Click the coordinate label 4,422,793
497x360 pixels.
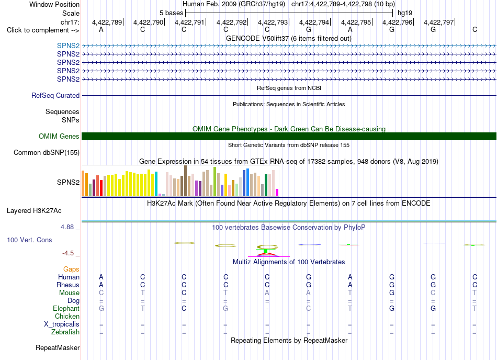click(x=273, y=22)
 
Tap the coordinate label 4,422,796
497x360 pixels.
click(x=397, y=22)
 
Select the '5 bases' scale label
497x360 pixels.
click(x=171, y=13)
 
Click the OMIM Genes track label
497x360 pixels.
click(x=59, y=136)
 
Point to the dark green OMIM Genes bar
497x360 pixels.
click(x=289, y=136)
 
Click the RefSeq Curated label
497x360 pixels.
click(x=55, y=95)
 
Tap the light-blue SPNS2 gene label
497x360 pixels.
click(x=68, y=46)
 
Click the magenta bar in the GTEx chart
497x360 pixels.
click(x=277, y=193)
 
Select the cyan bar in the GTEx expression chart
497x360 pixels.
click(x=156, y=184)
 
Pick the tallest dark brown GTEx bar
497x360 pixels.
click(x=185, y=181)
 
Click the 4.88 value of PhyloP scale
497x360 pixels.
click(x=67, y=227)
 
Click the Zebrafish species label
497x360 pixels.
click(x=65, y=332)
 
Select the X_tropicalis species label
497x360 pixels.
click(x=62, y=324)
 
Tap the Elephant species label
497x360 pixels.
click(x=66, y=308)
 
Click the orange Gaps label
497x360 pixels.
click(x=71, y=269)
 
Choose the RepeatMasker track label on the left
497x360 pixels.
click(x=58, y=347)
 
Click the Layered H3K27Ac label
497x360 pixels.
click(x=34, y=211)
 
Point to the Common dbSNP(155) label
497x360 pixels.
click(x=47, y=152)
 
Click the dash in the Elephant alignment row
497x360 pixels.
click(x=267, y=309)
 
